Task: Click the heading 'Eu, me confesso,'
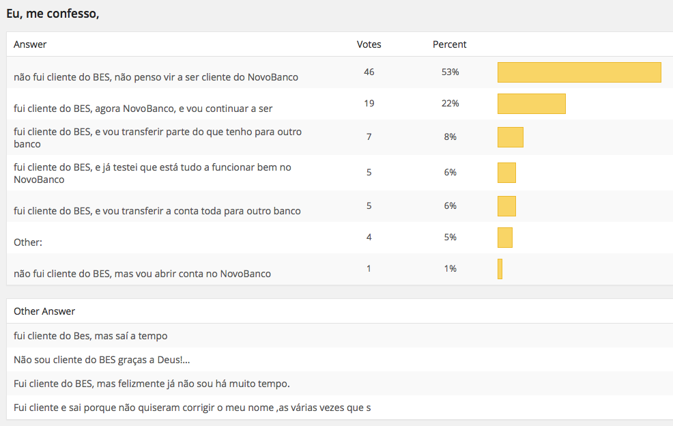point(53,13)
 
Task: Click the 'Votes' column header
point(369,44)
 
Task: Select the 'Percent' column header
point(450,44)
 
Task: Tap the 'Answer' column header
point(30,44)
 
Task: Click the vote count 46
point(369,72)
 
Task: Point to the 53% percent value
point(450,72)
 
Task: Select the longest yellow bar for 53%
point(579,72)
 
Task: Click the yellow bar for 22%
point(531,104)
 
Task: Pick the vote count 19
point(369,103)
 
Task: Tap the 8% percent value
point(450,137)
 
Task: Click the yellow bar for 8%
point(510,137)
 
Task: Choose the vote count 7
point(369,137)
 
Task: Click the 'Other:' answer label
point(28,242)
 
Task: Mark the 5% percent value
point(450,237)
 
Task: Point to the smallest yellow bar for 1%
point(500,269)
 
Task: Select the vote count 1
point(369,268)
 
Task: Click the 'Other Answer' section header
point(44,311)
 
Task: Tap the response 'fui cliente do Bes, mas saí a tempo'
point(91,336)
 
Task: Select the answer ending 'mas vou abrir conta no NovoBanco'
point(142,274)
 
